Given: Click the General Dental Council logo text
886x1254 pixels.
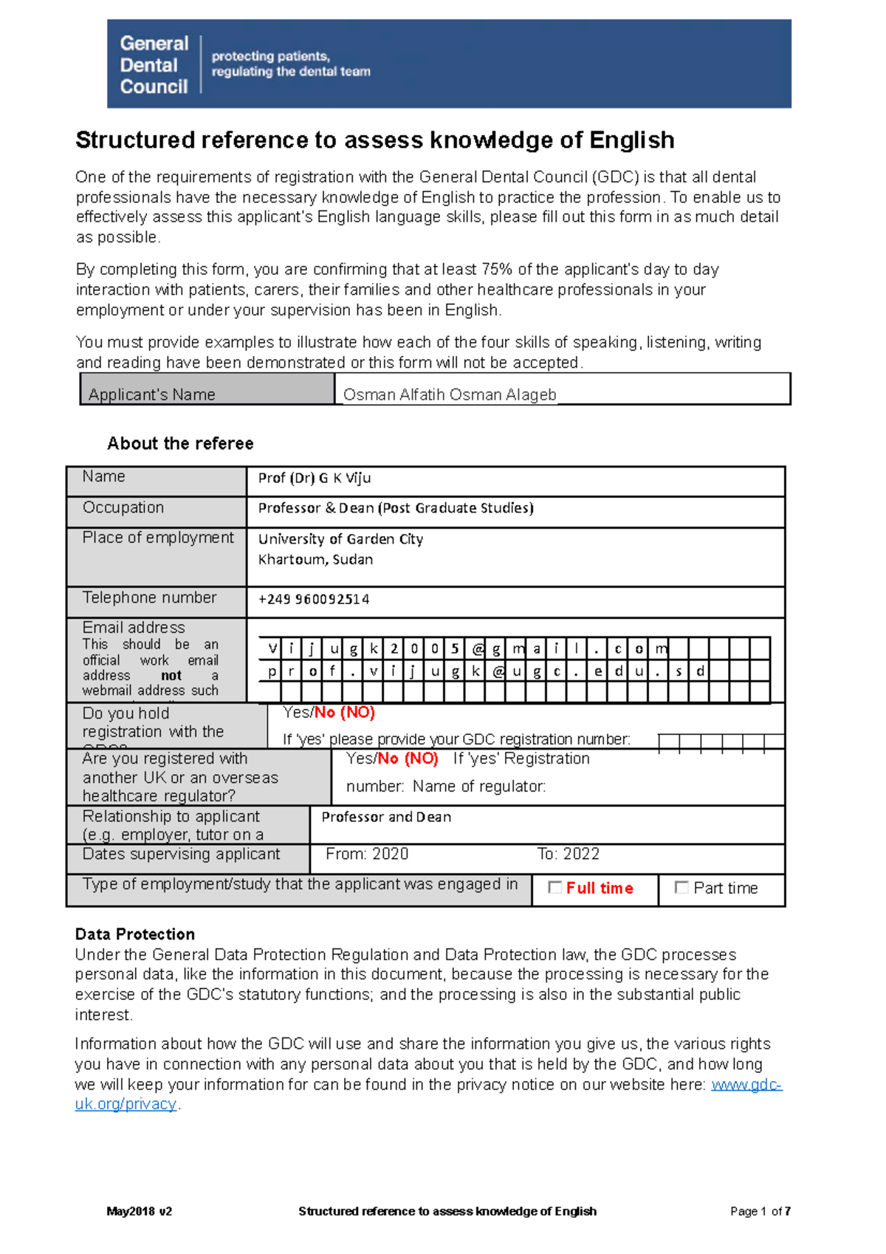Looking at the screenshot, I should pyautogui.click(x=154, y=65).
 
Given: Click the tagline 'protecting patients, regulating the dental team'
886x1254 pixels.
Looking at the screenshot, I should pyautogui.click(x=290, y=64).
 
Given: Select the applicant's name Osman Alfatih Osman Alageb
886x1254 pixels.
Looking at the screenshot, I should pyautogui.click(x=449, y=394).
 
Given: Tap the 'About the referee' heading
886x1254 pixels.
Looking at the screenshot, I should pyautogui.click(x=180, y=443).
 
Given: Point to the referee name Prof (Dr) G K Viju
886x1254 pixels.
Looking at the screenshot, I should pyautogui.click(x=315, y=478).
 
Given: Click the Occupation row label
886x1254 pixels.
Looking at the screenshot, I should pyautogui.click(x=123, y=507).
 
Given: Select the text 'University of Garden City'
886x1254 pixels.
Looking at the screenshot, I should pyautogui.click(x=340, y=539).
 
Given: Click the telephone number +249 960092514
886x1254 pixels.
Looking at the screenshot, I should pyautogui.click(x=314, y=599).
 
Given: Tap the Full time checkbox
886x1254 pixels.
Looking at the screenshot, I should pyautogui.click(x=555, y=888).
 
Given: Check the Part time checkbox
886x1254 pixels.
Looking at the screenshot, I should pyautogui.click(x=681, y=888).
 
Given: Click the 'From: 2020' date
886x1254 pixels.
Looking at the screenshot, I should pyautogui.click(x=367, y=854).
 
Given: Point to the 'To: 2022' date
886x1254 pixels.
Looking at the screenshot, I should pyautogui.click(x=568, y=854).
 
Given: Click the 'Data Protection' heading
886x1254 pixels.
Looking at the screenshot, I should pyautogui.click(x=135, y=934).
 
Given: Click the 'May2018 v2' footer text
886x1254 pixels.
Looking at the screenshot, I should pyautogui.click(x=140, y=1211).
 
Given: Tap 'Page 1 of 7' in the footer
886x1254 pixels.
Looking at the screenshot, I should pyautogui.click(x=760, y=1211).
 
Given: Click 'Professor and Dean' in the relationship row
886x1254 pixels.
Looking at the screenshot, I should pyautogui.click(x=386, y=817).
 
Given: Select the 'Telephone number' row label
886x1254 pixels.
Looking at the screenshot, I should pyautogui.click(x=149, y=597).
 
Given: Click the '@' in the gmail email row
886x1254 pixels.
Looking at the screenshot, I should pyautogui.click(x=477, y=649).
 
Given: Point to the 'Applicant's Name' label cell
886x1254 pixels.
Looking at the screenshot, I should pyautogui.click(x=152, y=394).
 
